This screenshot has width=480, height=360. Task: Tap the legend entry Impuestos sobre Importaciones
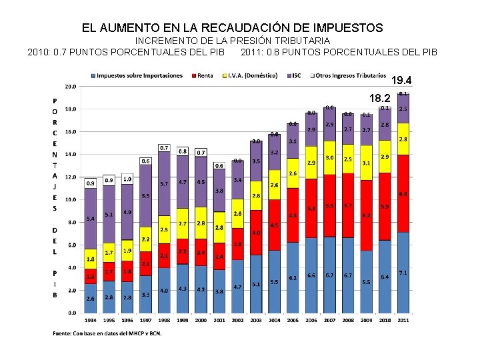[137, 75]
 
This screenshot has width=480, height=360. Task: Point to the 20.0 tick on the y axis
[69, 87]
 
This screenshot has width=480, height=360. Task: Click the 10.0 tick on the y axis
[69, 199]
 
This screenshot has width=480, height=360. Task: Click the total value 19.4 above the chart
[402, 81]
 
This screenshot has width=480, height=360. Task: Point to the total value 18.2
[379, 98]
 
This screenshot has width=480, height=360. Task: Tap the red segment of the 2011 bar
[403, 193]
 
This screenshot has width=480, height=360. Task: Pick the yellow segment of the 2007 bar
[329, 158]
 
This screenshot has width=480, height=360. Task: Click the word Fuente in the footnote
[62, 333]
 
